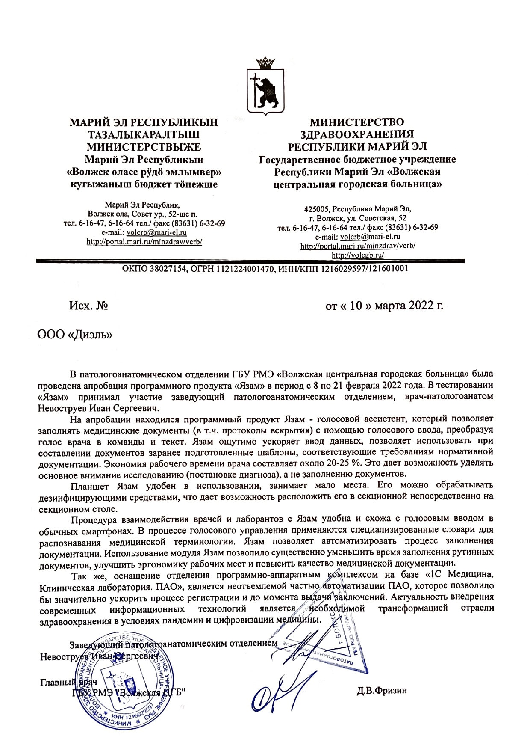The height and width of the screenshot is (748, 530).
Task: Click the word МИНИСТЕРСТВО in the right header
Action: (x=357, y=122)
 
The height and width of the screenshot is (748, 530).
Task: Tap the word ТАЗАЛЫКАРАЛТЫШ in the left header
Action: (x=144, y=135)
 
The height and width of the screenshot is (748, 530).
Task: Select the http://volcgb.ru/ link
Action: (x=358, y=255)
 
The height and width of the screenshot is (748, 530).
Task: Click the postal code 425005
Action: (x=316, y=209)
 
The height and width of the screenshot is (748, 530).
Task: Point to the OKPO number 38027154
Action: (x=164, y=269)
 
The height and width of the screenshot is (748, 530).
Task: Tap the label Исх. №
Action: (x=88, y=306)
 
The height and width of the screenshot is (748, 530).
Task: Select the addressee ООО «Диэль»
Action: (x=75, y=335)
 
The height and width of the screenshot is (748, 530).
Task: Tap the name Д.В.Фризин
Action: (x=382, y=690)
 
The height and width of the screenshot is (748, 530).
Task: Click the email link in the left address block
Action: (x=156, y=233)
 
